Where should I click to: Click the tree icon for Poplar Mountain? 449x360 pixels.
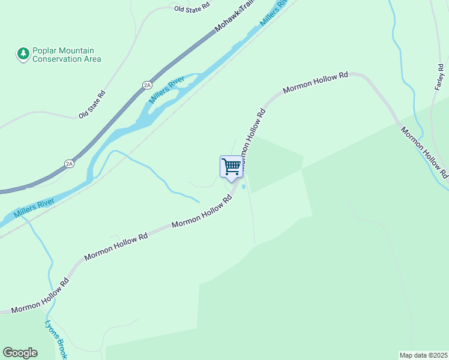(23, 55)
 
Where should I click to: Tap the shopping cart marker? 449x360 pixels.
(231, 167)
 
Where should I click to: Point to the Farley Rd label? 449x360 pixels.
(438, 77)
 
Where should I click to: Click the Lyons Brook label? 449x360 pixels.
(56, 339)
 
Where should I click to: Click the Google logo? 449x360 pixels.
(20, 353)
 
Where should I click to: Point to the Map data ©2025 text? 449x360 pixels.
(423, 355)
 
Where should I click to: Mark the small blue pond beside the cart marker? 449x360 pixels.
(243, 187)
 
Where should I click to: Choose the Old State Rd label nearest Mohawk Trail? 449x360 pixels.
(191, 8)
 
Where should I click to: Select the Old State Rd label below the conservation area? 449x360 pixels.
(92, 104)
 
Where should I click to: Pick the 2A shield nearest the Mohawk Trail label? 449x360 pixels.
(147, 85)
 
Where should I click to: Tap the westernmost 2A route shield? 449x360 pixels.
(69, 163)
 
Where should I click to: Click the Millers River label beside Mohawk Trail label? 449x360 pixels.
(274, 13)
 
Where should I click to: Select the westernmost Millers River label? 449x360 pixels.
(32, 206)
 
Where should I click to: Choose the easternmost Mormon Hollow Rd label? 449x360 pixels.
(424, 153)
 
